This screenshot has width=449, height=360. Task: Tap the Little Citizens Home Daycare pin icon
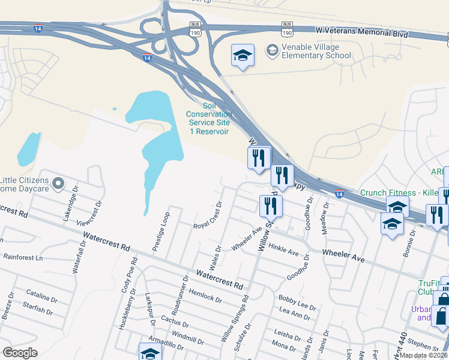58,184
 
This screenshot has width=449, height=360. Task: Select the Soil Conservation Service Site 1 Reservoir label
208,118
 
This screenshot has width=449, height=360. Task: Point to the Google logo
20,352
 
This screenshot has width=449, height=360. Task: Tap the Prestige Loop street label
161,226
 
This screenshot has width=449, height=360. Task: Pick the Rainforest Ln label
23,257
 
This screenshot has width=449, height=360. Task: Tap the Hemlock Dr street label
205,295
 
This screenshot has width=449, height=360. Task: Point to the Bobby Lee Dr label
297,301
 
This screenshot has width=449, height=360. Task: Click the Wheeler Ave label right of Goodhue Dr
343,254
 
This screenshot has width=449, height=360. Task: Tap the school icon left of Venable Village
243,56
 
